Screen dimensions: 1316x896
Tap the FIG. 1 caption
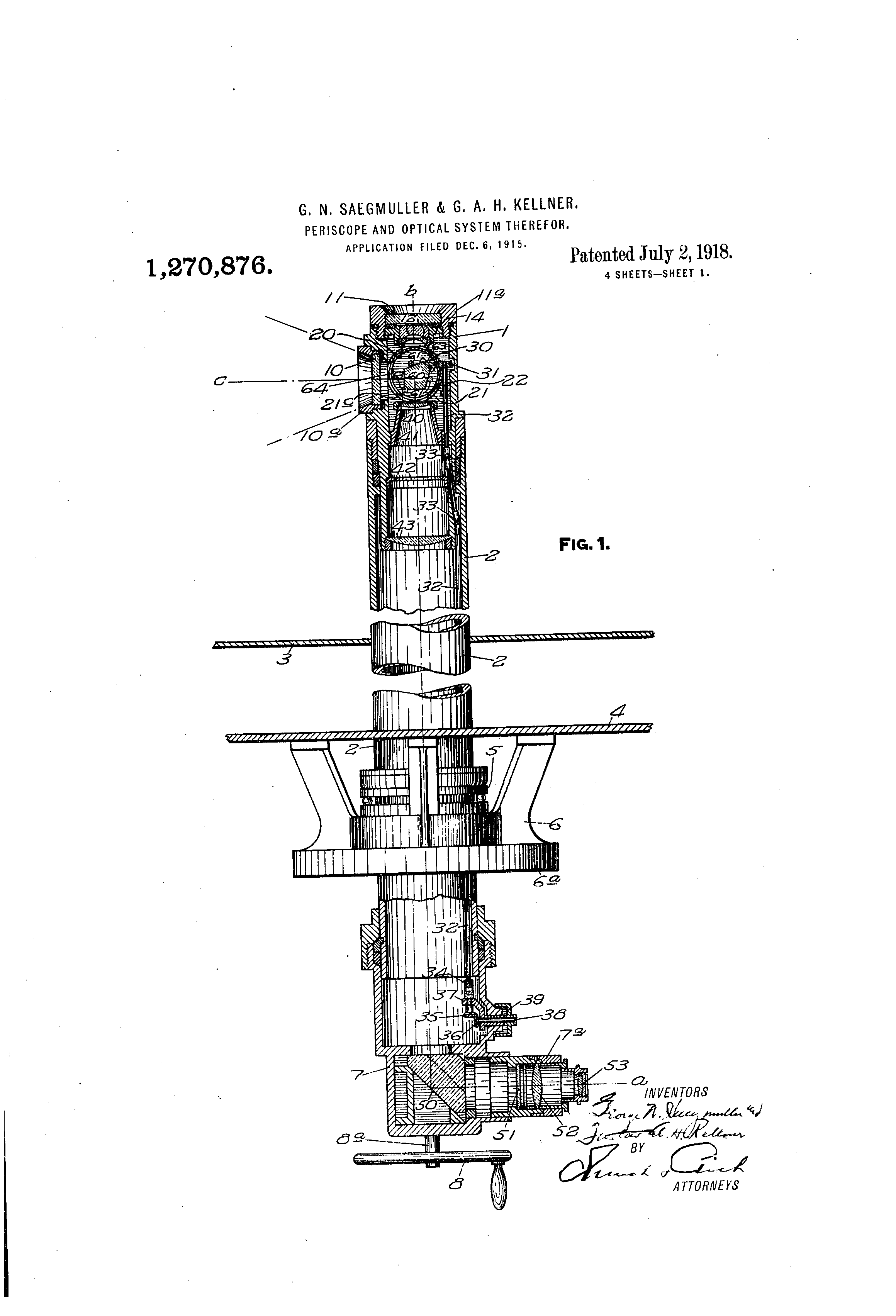[584, 545]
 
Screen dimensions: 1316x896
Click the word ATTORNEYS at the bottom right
[705, 1185]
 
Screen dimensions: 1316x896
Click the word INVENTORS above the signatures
[676, 1091]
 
